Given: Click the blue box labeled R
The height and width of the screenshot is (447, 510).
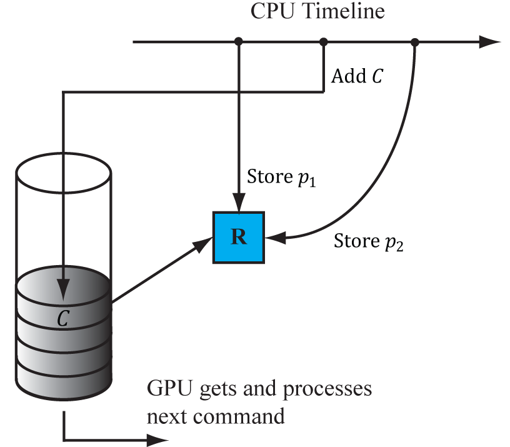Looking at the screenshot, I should coord(239,238).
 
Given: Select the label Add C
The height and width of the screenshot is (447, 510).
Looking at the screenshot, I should coord(357,77).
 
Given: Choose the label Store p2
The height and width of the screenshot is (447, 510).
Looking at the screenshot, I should coord(369,241).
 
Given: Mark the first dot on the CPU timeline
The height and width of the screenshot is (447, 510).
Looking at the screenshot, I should coord(238,42).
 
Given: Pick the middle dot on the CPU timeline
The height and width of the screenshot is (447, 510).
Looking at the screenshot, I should coord(323,42).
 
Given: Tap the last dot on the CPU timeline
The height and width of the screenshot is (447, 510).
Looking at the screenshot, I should coord(415,42).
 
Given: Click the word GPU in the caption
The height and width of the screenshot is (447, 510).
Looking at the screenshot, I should coord(167,389).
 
